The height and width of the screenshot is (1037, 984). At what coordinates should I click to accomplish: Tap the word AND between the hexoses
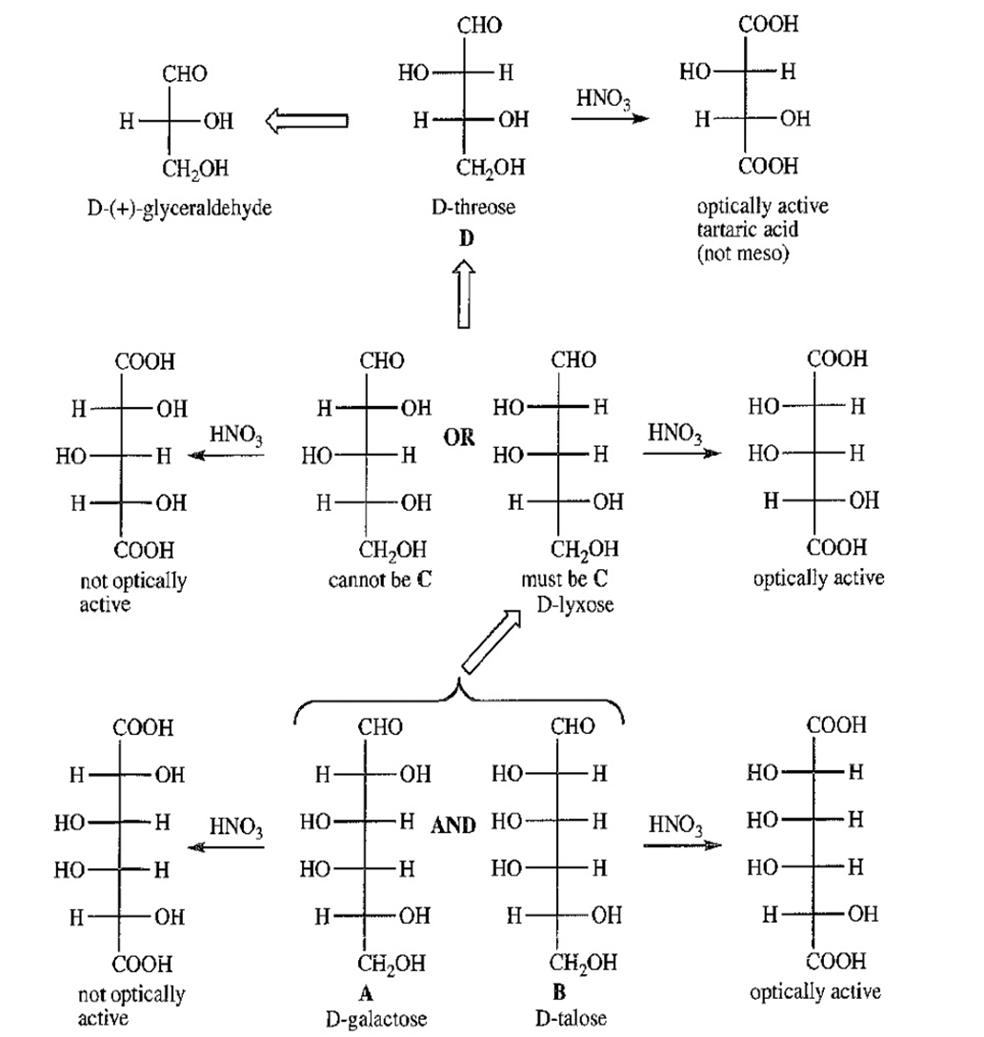tap(452, 825)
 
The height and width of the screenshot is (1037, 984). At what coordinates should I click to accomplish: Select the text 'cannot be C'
tap(380, 579)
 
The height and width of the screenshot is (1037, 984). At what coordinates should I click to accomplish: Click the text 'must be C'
tap(569, 579)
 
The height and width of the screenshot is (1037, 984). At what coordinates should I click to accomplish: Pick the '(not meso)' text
tap(742, 254)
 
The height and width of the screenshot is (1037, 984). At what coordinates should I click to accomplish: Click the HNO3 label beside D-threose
tap(604, 99)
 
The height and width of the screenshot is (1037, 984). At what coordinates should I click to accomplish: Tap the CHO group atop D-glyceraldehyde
tap(185, 73)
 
